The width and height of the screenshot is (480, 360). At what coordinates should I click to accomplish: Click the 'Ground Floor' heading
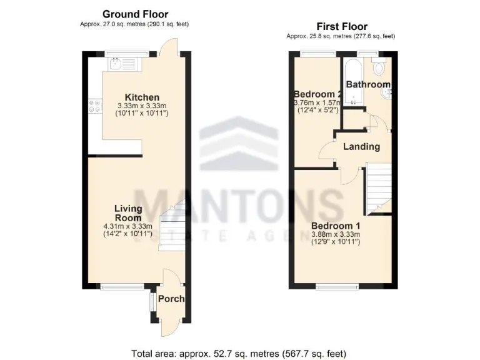(x=135, y=14)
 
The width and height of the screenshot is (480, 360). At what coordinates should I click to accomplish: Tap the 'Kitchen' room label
(x=142, y=97)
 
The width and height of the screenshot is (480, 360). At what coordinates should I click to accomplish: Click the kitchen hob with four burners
(x=96, y=106)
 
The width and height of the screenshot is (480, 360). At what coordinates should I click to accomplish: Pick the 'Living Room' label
(x=127, y=213)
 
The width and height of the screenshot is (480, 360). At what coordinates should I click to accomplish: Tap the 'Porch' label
(x=171, y=299)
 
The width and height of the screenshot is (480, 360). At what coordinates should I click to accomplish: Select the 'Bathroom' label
(x=368, y=84)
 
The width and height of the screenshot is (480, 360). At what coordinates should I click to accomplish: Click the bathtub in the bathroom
(x=354, y=82)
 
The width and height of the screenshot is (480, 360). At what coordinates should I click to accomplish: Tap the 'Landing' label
(x=361, y=147)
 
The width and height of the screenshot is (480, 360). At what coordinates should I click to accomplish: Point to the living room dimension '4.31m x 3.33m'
(x=127, y=226)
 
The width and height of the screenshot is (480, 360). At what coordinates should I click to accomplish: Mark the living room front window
(x=117, y=287)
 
